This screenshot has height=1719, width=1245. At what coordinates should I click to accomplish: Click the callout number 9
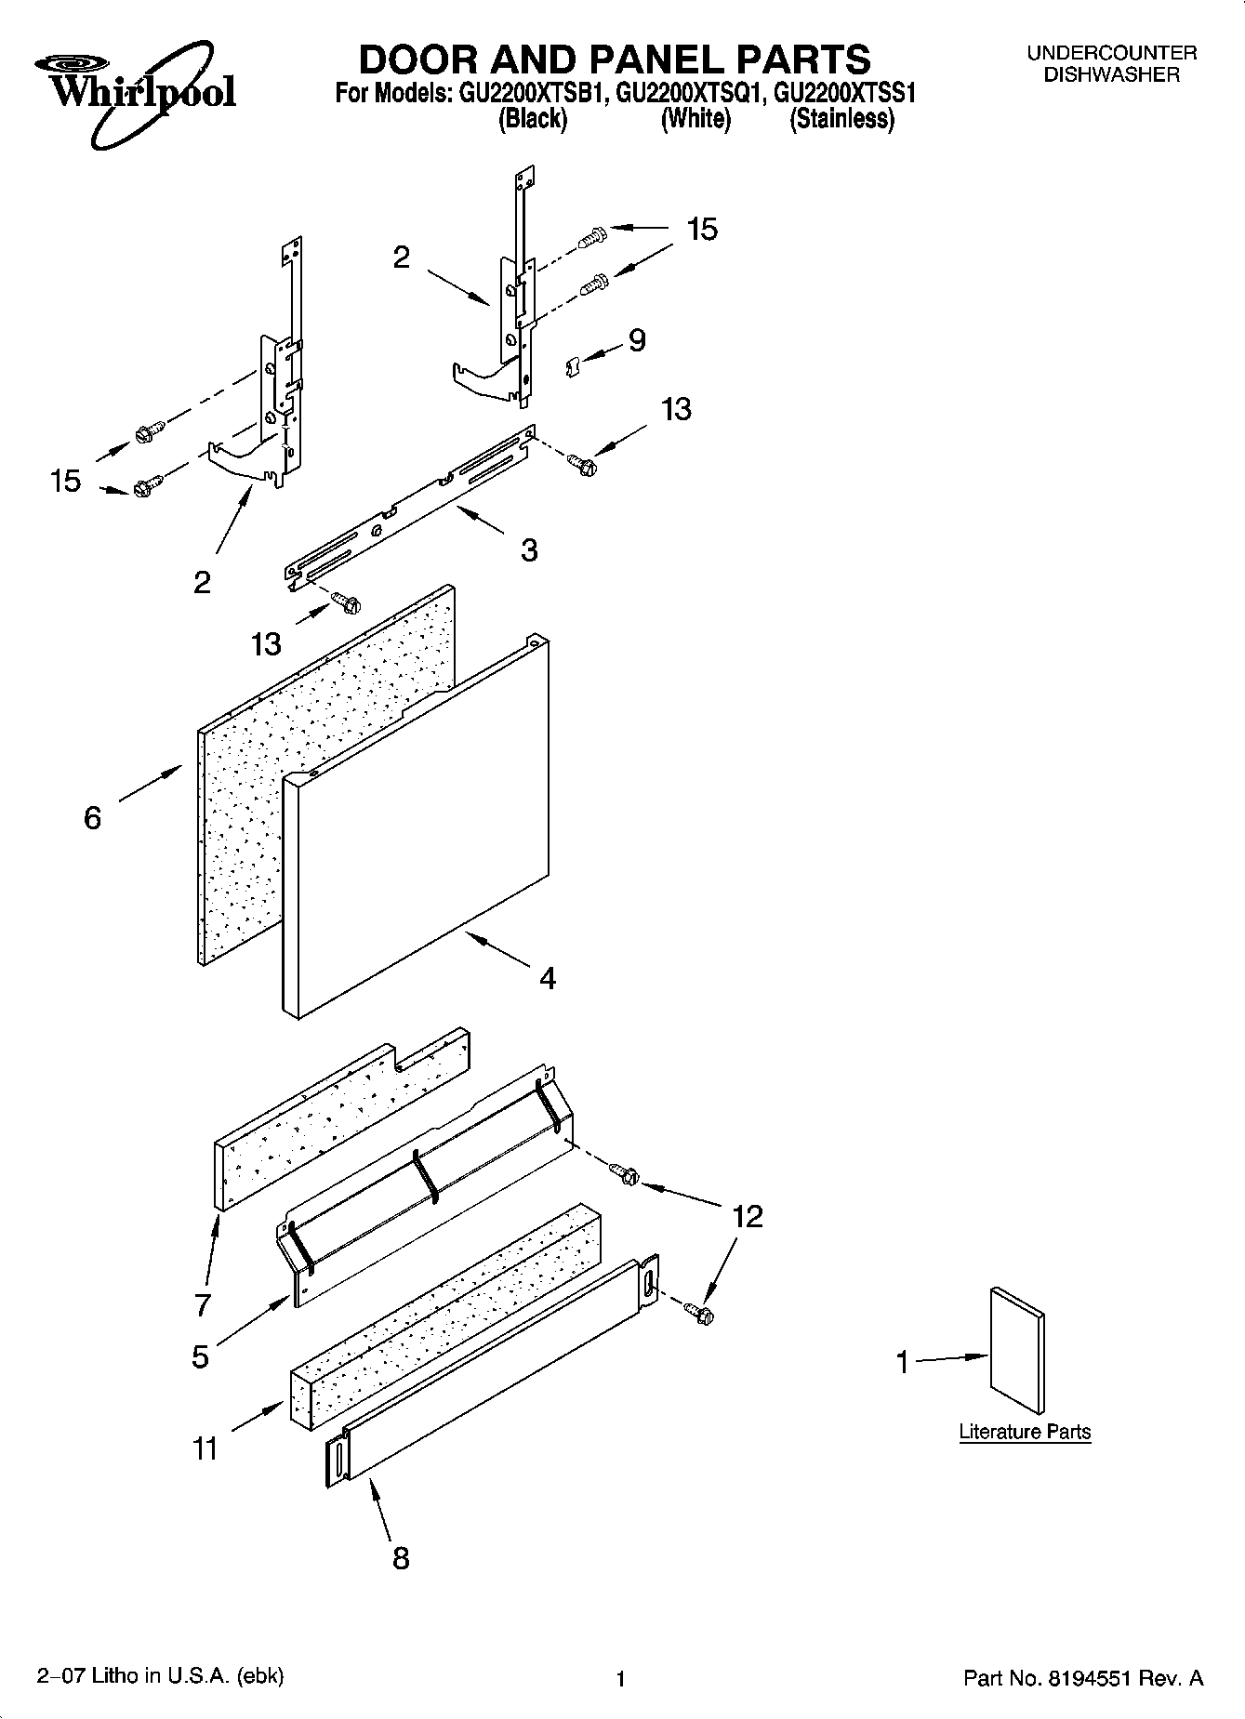pos(637,341)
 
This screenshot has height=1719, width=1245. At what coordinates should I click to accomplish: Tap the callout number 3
pos(528,550)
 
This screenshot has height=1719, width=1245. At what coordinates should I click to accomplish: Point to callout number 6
pos(92,818)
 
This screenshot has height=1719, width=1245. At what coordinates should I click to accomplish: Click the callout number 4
pos(548,978)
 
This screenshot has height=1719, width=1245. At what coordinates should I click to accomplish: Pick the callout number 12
pos(748,1216)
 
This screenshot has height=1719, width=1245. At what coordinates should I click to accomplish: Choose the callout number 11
pos(205,1448)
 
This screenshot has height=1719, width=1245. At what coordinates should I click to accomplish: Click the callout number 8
pos(401,1558)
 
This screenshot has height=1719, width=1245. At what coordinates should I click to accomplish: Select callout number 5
pos(201,1356)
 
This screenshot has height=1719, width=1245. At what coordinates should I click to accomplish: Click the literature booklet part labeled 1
pos(1017,1352)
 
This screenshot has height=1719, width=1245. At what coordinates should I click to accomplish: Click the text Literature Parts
pos(1025,1432)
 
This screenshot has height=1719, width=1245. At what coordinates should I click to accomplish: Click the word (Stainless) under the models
pos(841,119)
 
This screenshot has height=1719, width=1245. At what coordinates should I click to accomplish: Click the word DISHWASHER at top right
pos(1111,75)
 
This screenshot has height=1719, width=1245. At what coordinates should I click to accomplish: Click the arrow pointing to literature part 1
pos(953,1359)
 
